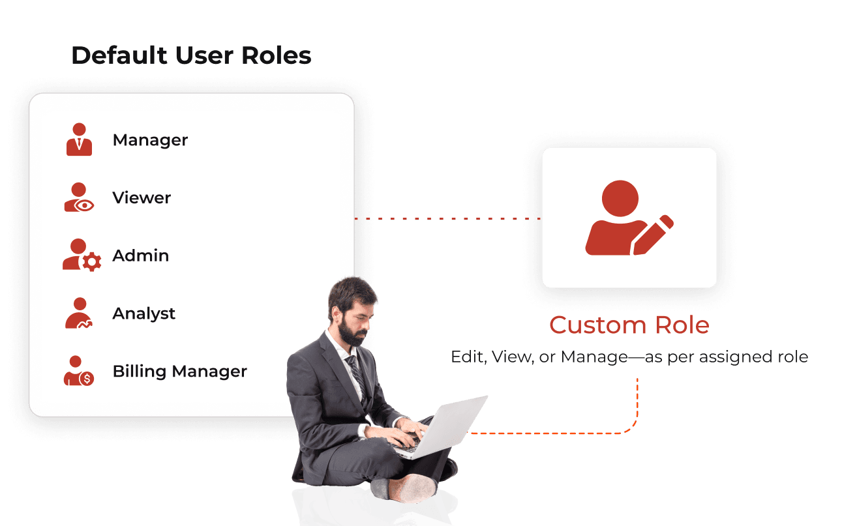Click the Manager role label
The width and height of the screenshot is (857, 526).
point(150,140)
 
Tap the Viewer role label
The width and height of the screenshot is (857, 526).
point(142,197)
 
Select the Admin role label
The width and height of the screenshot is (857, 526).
point(140,256)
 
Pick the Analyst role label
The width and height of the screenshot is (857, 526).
point(144,314)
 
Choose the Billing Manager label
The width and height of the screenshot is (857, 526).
point(180,372)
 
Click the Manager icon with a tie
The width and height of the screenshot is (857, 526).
point(79,139)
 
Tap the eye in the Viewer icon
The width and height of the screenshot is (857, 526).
point(84,206)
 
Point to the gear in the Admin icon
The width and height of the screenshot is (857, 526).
point(92,262)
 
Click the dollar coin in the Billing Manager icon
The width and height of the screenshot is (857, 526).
point(87,379)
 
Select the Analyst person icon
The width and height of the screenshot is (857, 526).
point(79,313)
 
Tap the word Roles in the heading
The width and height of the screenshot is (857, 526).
point(277,55)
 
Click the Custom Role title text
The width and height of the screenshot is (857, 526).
point(629,325)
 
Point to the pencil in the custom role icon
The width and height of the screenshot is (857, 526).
point(653,235)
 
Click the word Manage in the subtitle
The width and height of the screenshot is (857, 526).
point(594,357)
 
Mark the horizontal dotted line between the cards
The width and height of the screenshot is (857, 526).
point(447,218)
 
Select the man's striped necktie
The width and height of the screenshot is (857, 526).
point(357,373)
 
